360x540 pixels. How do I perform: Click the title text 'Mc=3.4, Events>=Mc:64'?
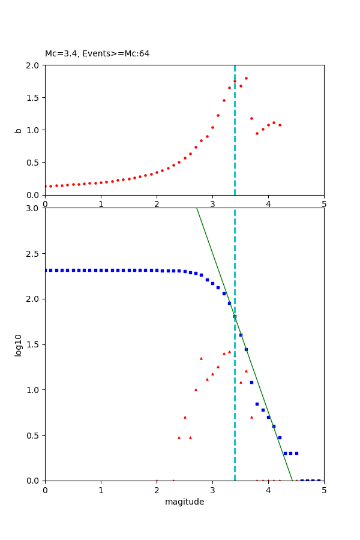(97, 54)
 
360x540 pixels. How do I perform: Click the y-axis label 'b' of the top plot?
(18, 130)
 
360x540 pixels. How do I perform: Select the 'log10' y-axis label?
(18, 345)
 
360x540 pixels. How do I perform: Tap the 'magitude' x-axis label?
(184, 502)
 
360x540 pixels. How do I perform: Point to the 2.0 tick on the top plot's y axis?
(34, 65)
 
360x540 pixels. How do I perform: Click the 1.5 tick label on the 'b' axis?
(34, 98)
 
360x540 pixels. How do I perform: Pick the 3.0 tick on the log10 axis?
(34, 208)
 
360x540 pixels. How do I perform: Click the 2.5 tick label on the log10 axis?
(34, 254)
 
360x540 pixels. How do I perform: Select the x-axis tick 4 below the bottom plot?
(268, 490)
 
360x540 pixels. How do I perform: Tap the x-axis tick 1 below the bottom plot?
(101, 490)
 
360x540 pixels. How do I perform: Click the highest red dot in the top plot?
(246, 78)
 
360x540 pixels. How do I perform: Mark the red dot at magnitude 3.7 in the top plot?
(251, 118)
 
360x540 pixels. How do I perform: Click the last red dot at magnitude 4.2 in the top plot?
(280, 125)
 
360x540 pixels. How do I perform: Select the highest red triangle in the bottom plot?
(229, 352)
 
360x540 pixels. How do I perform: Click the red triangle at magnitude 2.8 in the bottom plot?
(201, 358)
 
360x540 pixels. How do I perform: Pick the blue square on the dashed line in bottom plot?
(235, 316)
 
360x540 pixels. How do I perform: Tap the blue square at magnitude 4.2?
(280, 437)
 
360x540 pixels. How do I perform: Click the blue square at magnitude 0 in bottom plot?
(46, 270)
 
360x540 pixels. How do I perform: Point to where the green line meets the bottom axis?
(292, 480)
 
